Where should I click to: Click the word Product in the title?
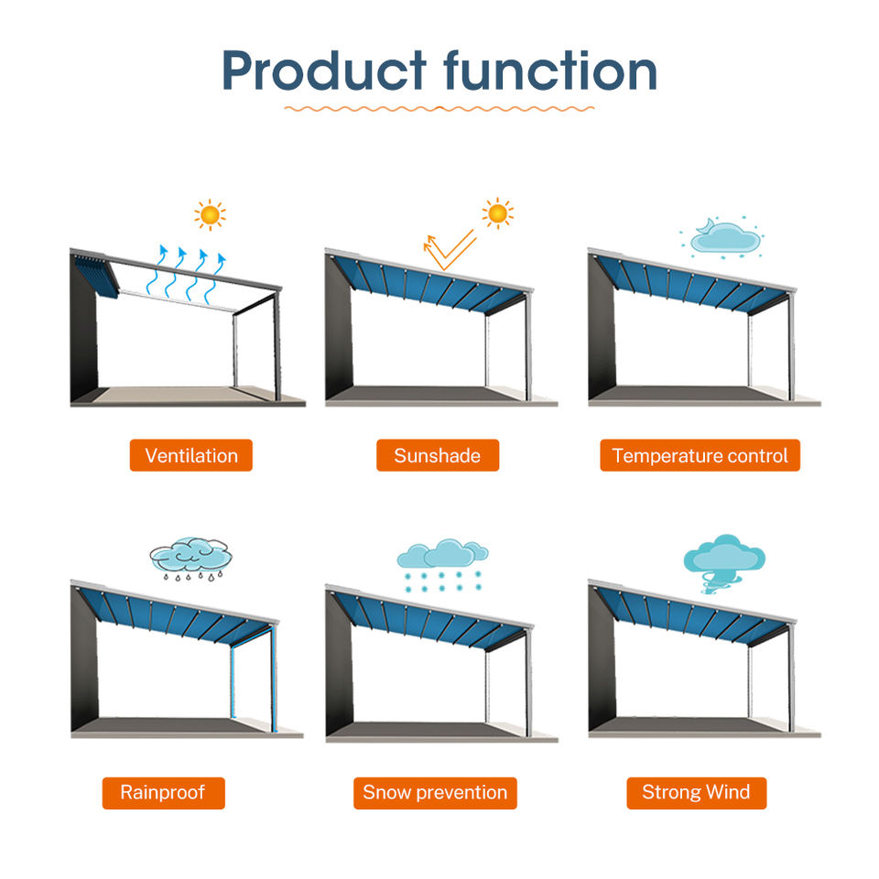(x=324, y=71)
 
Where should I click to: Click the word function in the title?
(x=550, y=71)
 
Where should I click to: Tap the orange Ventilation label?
(x=191, y=455)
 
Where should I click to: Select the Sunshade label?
(x=438, y=455)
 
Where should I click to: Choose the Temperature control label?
(x=700, y=455)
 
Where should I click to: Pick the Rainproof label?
(x=163, y=793)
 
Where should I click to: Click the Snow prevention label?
(x=435, y=793)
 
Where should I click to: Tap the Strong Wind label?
(x=696, y=793)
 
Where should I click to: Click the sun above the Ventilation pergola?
(x=211, y=214)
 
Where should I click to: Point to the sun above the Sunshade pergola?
(x=497, y=213)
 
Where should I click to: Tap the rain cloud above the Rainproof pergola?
(x=190, y=559)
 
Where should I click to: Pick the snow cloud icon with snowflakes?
(x=442, y=565)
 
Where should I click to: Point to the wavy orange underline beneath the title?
(x=439, y=108)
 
